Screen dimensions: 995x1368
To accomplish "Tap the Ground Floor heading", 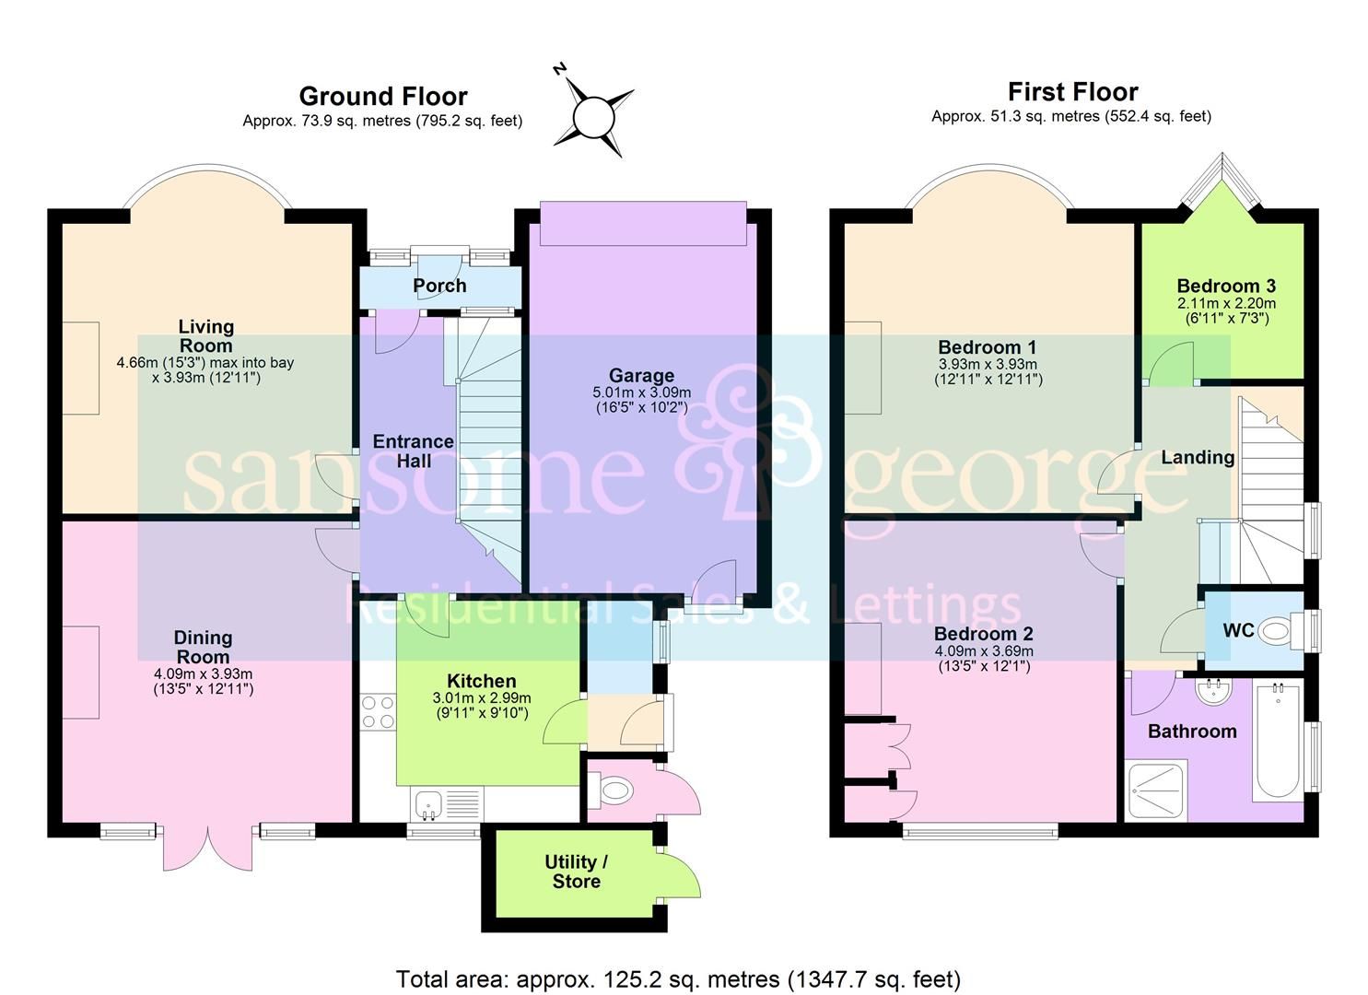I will click(x=383, y=96).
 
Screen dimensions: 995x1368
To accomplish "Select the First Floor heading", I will click(x=1072, y=91).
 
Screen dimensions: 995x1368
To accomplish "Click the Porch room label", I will click(x=439, y=286).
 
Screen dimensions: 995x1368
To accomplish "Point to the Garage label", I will click(x=641, y=375).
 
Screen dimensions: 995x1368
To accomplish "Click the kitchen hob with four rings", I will click(x=378, y=711).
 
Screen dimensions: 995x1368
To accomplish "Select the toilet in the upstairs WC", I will click(x=1277, y=631).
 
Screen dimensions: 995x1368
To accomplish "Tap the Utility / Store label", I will click(x=576, y=872).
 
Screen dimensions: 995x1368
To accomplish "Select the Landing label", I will click(x=1198, y=457).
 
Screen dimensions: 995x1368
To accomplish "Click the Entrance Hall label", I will click(x=413, y=451).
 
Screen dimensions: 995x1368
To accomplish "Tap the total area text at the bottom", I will click(x=678, y=978).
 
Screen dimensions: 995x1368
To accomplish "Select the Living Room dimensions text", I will click(x=205, y=369).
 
